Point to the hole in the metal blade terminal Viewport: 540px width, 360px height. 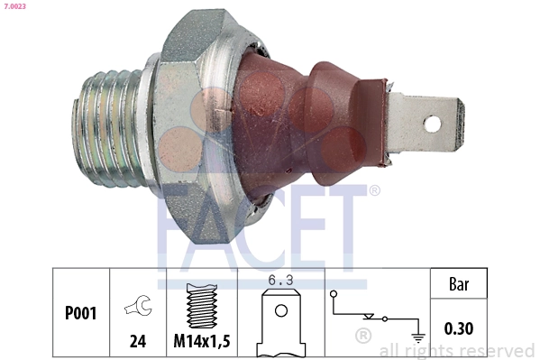(x=433, y=125)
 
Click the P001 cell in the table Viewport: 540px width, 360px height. (x=81, y=314)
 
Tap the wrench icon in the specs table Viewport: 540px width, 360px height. (x=138, y=307)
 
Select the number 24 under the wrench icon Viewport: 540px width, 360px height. (x=138, y=341)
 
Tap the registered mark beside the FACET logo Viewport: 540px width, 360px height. (x=374, y=190)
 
